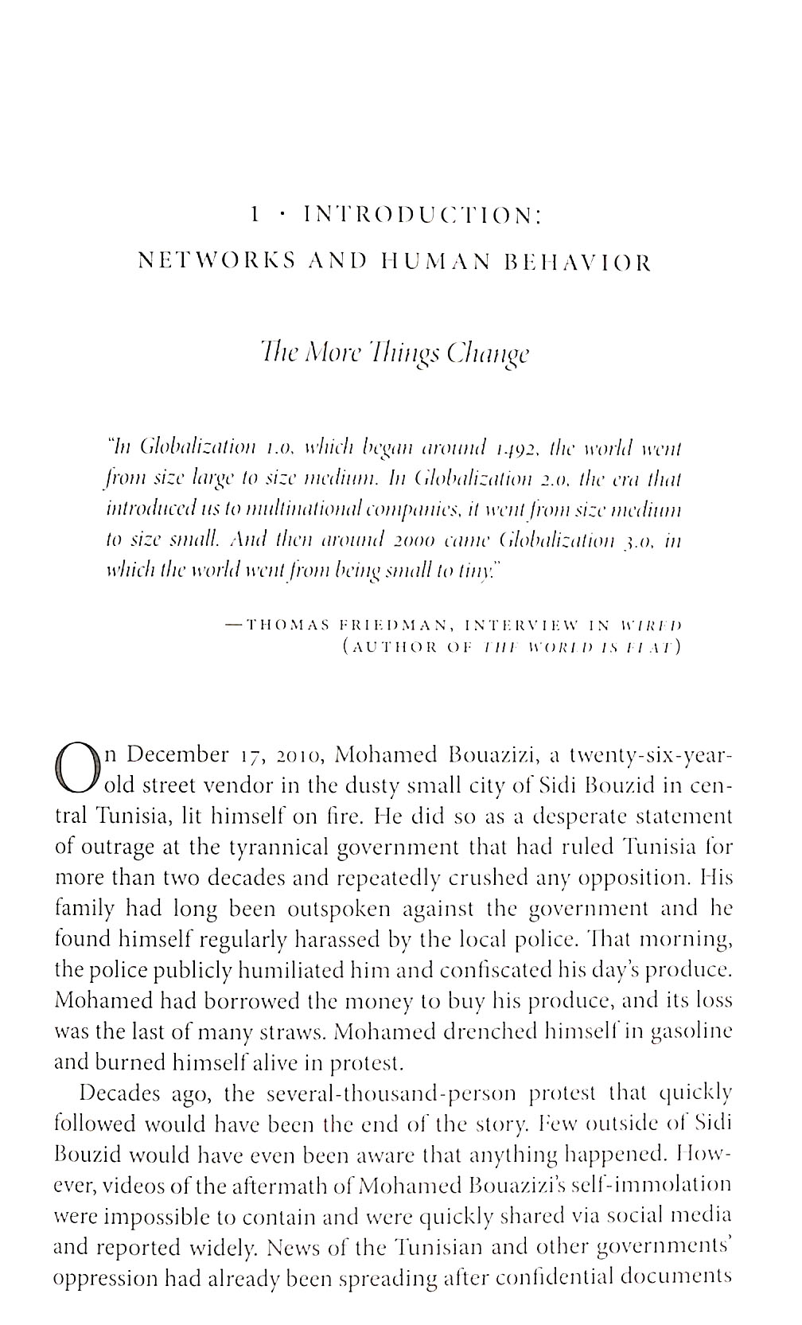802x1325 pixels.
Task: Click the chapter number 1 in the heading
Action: click(255, 214)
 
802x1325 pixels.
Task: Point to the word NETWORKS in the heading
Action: click(206, 261)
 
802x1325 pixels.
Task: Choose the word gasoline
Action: click(691, 1032)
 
